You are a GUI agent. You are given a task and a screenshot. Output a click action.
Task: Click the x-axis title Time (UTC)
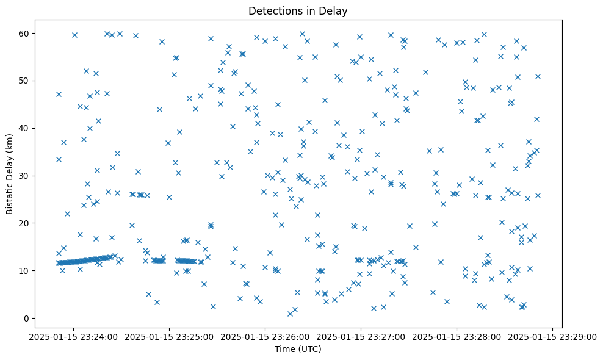298,349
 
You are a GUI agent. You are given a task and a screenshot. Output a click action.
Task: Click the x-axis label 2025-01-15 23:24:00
73,336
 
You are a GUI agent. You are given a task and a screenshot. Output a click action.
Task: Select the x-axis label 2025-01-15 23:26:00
265,336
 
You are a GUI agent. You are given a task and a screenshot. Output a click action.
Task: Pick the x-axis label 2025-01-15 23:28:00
457,336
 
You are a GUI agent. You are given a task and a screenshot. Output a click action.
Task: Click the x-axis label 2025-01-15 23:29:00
553,336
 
